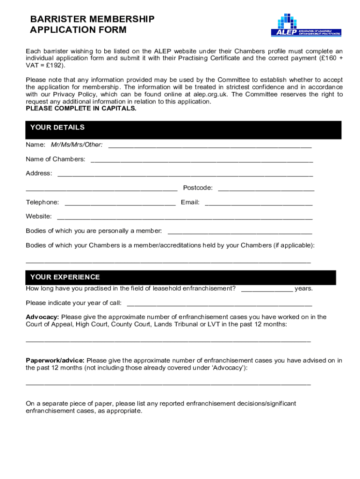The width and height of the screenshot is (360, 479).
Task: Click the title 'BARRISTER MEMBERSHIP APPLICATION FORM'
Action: pyautogui.click(x=92, y=24)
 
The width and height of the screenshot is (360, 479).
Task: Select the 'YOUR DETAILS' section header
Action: pyautogui.click(x=57, y=128)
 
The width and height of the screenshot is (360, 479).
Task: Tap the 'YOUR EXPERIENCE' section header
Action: pyautogui.click(x=65, y=277)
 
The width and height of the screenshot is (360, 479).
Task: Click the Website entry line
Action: pyautogui.click(x=185, y=218)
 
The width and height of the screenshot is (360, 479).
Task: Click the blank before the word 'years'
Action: pyautogui.click(x=266, y=290)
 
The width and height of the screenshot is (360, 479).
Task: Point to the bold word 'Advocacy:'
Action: pyautogui.click(x=42, y=317)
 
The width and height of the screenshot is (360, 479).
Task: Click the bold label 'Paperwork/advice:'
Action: pyautogui.click(x=55, y=360)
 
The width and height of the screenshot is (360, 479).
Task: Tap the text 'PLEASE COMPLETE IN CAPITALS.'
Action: pyautogui.click(x=81, y=108)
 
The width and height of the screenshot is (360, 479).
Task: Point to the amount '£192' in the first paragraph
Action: pyautogui.click(x=49, y=65)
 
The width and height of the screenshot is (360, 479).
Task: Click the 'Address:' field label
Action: pyautogui.click(x=39, y=174)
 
